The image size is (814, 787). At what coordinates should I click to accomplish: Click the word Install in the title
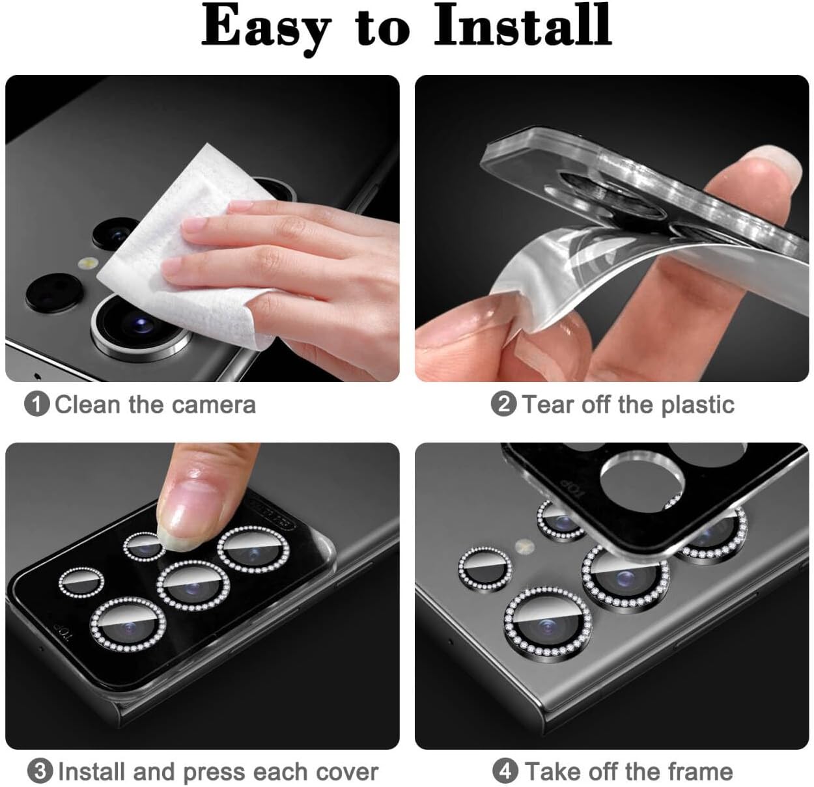click(x=523, y=26)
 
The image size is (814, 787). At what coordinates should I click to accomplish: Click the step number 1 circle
click(x=36, y=404)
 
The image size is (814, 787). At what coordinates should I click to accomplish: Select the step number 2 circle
click(x=503, y=404)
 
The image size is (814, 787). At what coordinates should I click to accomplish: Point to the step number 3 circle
click(x=40, y=771)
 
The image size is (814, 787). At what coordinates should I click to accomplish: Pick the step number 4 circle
click(x=505, y=771)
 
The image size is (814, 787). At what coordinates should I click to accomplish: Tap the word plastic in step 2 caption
click(x=697, y=405)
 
